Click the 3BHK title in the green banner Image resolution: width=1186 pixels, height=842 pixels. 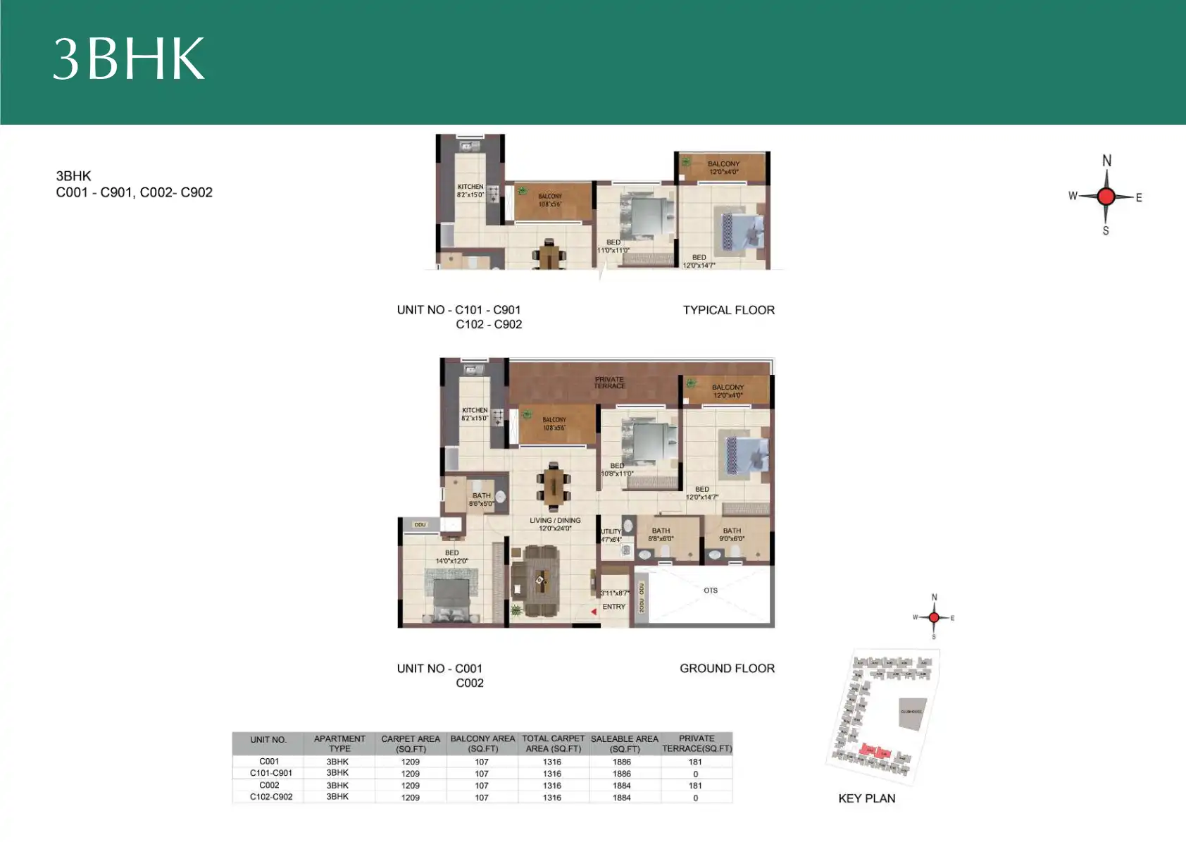[x=129, y=58]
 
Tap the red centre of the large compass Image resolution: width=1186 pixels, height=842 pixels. [x=1106, y=197]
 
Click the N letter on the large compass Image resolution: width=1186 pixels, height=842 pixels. [x=1106, y=161]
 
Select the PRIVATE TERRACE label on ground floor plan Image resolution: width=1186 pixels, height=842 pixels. [x=609, y=383]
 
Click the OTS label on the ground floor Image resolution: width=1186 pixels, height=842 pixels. [x=711, y=590]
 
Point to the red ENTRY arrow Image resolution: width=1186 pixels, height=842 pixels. [x=594, y=612]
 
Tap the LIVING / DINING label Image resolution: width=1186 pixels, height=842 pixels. [x=555, y=524]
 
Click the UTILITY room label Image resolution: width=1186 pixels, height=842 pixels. [x=611, y=532]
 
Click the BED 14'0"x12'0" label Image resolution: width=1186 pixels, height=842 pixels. [x=451, y=557]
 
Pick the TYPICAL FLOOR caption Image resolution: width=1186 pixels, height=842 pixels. [x=728, y=310]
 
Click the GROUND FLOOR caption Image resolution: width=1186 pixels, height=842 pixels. [x=727, y=668]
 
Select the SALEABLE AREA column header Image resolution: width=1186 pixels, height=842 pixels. [x=624, y=743]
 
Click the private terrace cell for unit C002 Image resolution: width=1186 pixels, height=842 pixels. [x=695, y=786]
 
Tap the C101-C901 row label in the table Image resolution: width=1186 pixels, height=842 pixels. [x=270, y=773]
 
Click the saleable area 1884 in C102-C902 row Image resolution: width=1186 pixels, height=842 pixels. [x=622, y=798]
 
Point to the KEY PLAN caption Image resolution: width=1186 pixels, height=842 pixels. [x=866, y=798]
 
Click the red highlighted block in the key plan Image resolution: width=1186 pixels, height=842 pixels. [x=876, y=751]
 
